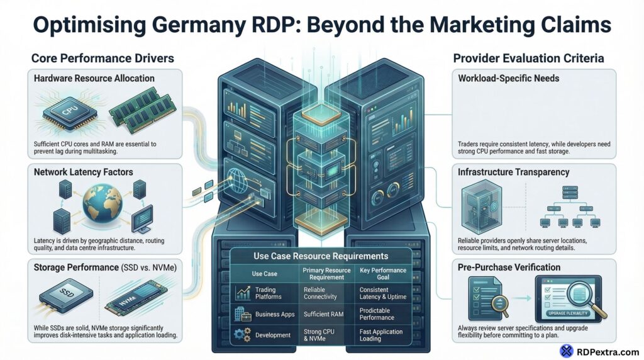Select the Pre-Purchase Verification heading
coord(509,267)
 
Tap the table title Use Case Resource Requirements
coord(321,256)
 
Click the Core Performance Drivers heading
coord(103,59)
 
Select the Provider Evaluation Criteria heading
coord(528,59)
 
